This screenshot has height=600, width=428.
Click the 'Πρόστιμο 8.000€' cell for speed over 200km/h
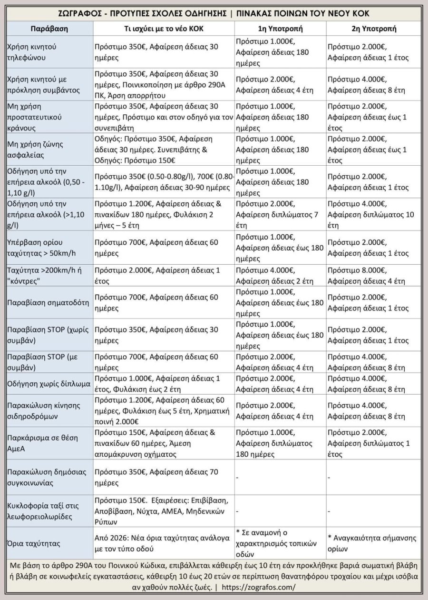click(373, 275)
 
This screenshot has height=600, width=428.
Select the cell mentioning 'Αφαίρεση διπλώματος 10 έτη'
click(373, 214)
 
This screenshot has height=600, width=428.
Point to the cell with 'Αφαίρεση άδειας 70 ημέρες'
click(164, 477)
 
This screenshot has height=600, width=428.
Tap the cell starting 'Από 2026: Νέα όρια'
click(164, 542)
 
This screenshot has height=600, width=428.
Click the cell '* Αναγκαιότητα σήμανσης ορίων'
click(373, 542)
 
